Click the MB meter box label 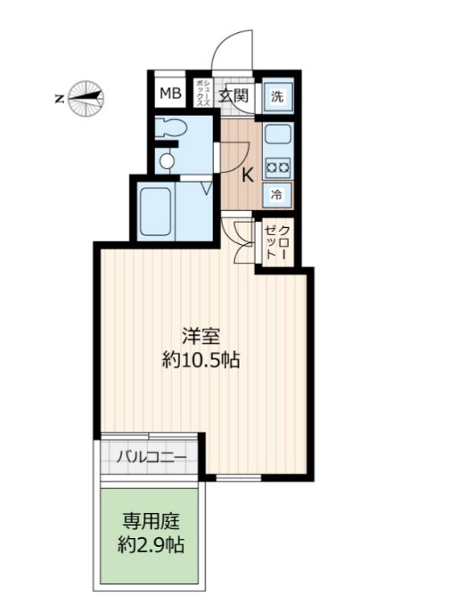[171, 94]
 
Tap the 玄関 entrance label [233, 95]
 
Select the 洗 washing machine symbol [278, 95]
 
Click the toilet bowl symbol [171, 127]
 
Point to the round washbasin [167, 160]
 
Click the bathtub [155, 211]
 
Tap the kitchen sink [277, 135]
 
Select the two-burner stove [278, 167]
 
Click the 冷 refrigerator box [277, 195]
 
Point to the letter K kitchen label [248, 176]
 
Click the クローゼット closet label [277, 242]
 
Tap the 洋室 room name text [200, 336]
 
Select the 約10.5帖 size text [200, 361]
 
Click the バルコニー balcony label [151, 457]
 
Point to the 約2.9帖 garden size [151, 545]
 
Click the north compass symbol [86, 98]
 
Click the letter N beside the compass [59, 99]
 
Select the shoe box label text [203, 94]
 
